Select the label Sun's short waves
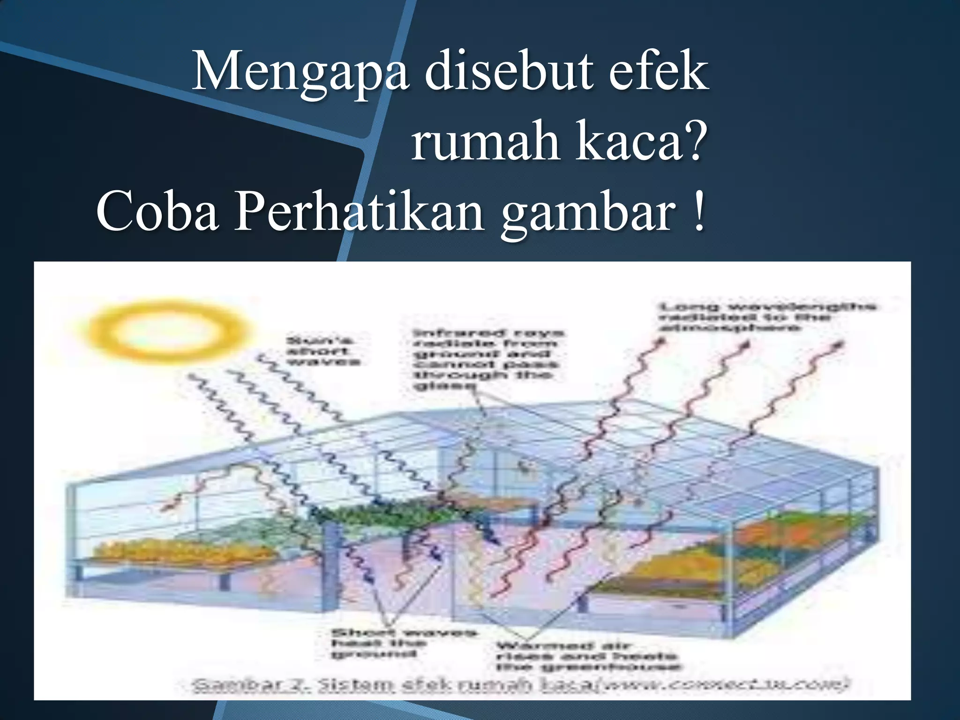[323, 351]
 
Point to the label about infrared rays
[487, 359]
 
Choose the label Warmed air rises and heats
[588, 656]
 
